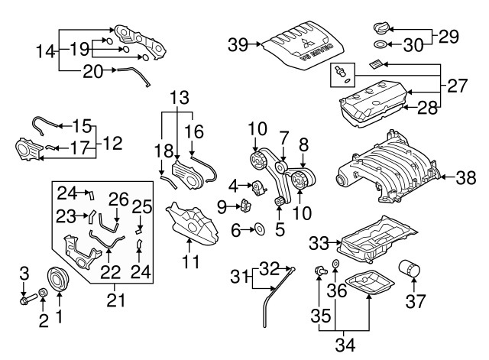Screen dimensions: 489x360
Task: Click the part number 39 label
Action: click(238, 44)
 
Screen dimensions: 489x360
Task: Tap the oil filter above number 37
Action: click(410, 269)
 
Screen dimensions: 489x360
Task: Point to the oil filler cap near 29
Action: click(381, 28)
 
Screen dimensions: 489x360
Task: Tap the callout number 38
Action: click(466, 178)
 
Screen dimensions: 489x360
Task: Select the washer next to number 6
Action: click(260, 229)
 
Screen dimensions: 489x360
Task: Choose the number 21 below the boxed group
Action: click(115, 300)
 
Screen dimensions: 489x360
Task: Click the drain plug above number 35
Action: click(320, 271)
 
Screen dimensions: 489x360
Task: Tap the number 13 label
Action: click(180, 98)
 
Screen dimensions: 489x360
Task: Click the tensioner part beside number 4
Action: click(258, 188)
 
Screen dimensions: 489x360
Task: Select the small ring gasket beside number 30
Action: click(380, 44)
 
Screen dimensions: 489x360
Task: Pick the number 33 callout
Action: click(319, 243)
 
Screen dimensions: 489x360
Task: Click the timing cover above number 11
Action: click(192, 225)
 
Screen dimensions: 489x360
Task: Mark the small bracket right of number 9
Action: click(245, 205)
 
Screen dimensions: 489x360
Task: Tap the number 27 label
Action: click(457, 86)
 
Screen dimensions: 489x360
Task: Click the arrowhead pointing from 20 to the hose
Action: click(115, 70)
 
